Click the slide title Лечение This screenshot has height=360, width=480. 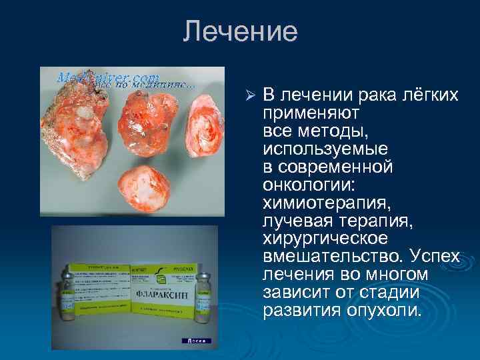pyautogui.click(x=240, y=31)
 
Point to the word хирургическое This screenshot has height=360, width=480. pyautogui.click(x=331, y=238)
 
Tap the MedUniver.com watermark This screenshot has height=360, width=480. pyautogui.click(x=107, y=78)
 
